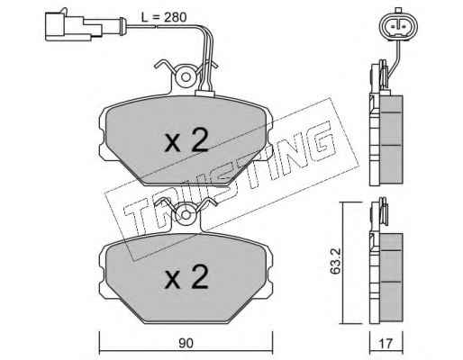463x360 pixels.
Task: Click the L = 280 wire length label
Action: [x=164, y=17]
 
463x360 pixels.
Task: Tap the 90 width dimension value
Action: [x=186, y=344]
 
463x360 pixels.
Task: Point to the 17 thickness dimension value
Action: [x=386, y=344]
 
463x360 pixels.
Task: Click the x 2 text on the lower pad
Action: [x=186, y=276]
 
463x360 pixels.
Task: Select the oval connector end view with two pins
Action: [x=398, y=26]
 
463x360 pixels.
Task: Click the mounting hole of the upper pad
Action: [x=186, y=77]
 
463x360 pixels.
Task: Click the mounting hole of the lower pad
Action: [x=186, y=215]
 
